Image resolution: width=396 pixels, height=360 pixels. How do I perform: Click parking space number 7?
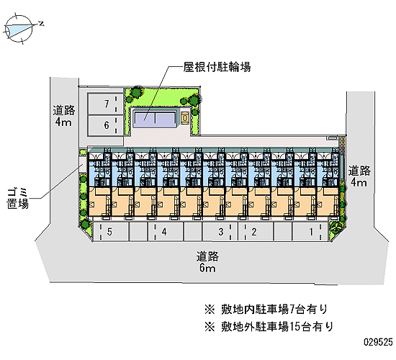(x=106, y=104)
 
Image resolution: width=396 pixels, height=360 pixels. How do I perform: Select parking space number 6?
(x=106, y=125)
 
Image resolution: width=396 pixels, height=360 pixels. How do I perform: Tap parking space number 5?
(x=111, y=231)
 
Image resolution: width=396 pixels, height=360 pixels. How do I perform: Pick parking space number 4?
(x=165, y=231)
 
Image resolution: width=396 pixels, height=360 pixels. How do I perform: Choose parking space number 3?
(x=220, y=231)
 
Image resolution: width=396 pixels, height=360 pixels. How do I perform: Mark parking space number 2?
(x=256, y=231)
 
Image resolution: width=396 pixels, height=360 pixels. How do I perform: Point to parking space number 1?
(x=310, y=231)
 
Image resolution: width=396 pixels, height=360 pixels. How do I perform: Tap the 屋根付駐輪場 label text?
(x=217, y=67)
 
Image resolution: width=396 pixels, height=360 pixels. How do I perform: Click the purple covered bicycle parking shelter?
(x=155, y=119)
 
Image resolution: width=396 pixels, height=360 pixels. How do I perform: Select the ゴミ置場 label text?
(x=18, y=199)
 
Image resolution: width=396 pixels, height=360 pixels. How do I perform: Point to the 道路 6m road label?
(x=207, y=262)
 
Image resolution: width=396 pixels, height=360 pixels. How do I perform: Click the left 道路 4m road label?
(x=63, y=116)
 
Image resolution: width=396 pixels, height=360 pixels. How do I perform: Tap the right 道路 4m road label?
(x=359, y=176)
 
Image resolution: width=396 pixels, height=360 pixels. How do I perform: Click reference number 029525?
(x=378, y=342)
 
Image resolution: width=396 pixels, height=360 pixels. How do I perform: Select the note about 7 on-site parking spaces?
(x=266, y=309)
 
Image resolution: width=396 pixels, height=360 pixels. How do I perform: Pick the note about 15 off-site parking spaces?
(x=269, y=326)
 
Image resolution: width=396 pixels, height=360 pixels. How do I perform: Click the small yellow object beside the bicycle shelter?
(x=185, y=118)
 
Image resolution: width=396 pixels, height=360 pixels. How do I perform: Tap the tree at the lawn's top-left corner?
(x=135, y=93)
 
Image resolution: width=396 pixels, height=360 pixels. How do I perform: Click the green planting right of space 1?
(x=335, y=230)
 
